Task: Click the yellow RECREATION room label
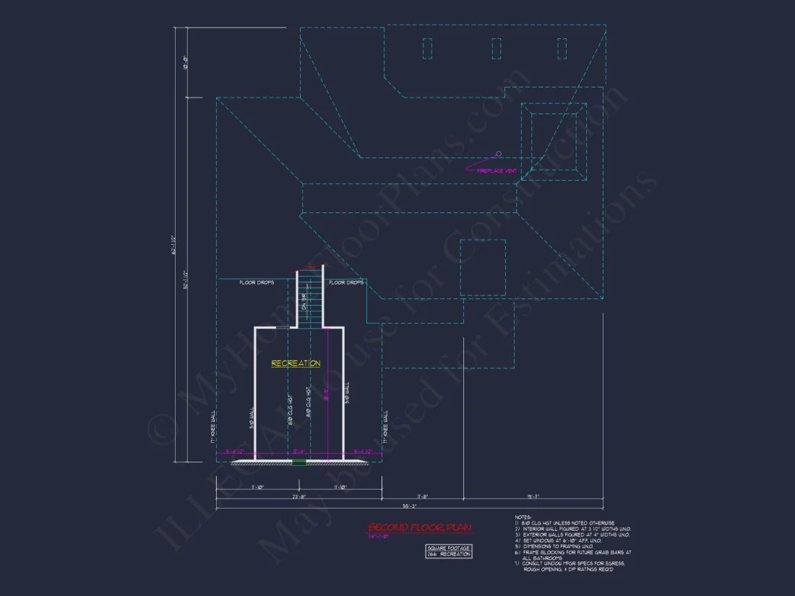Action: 296,363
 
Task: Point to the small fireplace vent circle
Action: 498,153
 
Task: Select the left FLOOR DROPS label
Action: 257,282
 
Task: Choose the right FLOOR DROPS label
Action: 346,282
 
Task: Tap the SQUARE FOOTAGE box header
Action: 449,548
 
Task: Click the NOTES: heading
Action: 523,517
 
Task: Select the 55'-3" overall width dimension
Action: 410,506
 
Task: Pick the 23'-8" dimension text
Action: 298,496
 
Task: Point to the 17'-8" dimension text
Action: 422,496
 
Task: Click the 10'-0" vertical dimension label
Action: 186,63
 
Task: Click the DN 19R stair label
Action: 305,303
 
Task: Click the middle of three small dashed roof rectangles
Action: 497,48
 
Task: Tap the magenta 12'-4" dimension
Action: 298,452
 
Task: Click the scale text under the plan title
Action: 379,536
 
